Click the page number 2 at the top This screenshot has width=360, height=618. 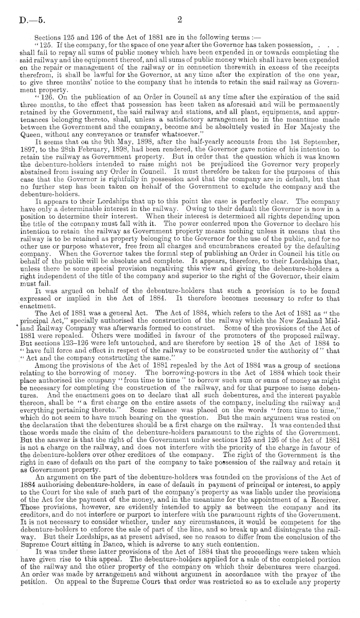[180, 20]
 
